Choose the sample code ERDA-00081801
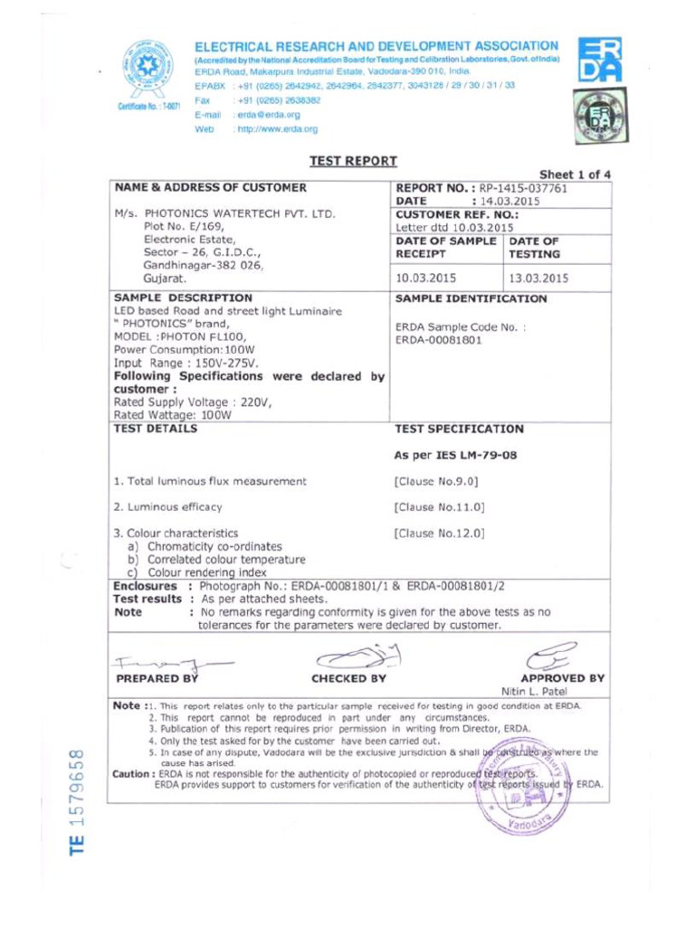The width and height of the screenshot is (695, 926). pos(439,340)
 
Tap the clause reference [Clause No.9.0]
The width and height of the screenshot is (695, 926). pos(436,481)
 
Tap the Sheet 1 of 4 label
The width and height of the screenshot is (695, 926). pos(575,175)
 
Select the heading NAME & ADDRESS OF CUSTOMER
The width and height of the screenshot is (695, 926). pos(210,188)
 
